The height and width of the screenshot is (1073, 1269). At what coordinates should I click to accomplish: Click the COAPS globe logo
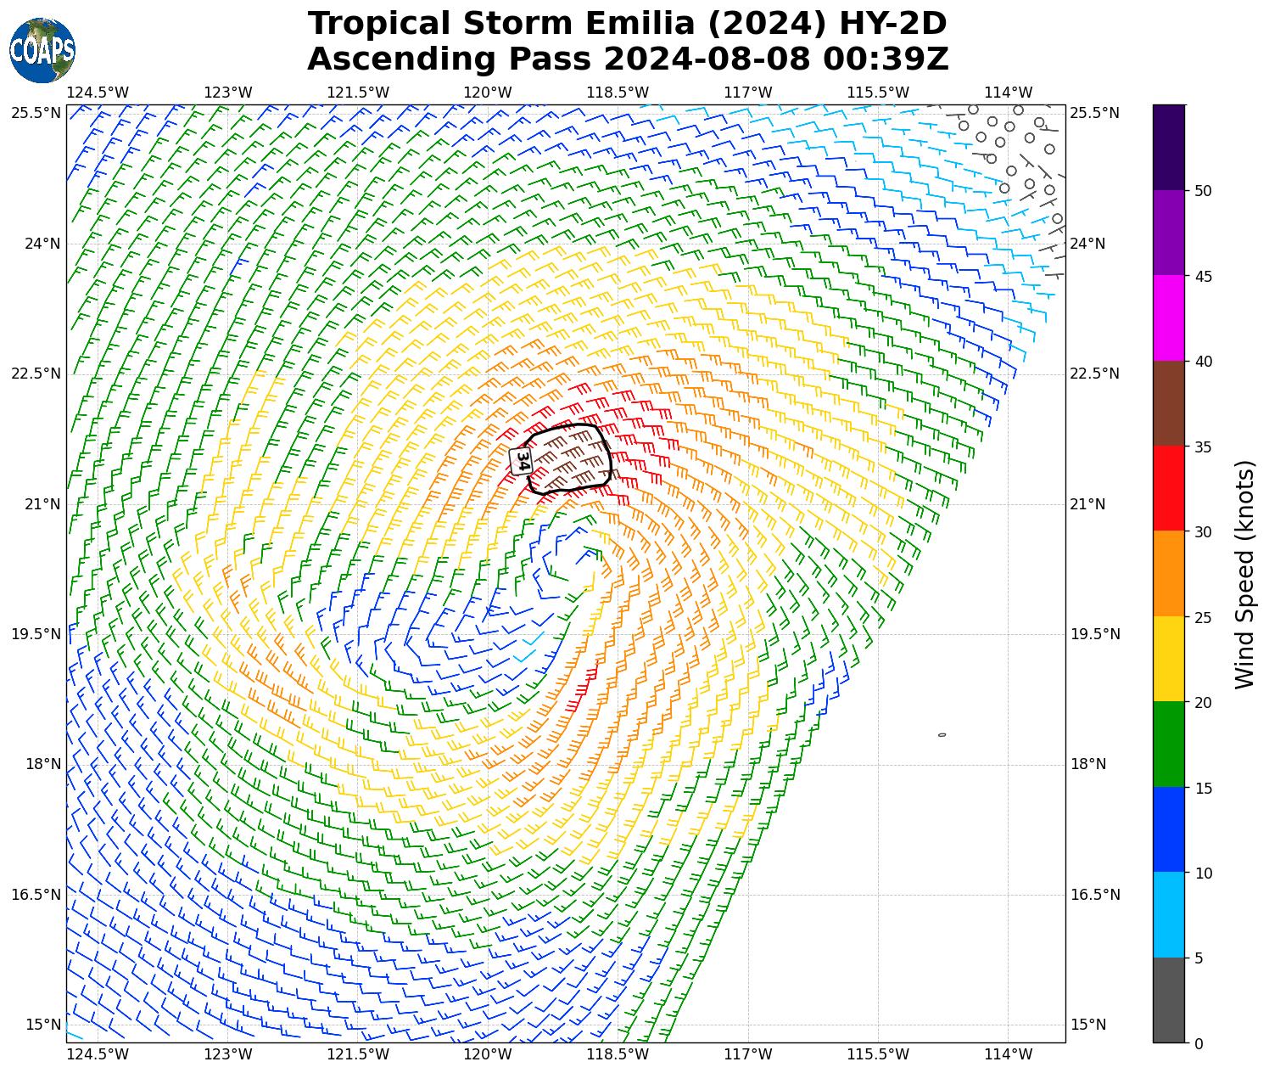[x=42, y=51]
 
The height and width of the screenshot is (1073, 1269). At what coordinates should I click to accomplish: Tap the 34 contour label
[x=522, y=461]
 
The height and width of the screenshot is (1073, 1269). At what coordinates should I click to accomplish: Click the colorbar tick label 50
[x=1202, y=191]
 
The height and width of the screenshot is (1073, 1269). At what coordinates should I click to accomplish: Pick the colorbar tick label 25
[x=1202, y=617]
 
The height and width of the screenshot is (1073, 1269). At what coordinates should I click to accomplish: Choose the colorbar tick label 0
[x=1198, y=1043]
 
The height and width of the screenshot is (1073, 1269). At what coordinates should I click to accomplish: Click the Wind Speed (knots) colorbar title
[x=1244, y=574]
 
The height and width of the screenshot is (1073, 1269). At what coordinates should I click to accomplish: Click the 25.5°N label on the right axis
[x=1094, y=113]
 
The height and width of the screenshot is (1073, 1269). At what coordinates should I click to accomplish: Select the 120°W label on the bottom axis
[x=488, y=1054]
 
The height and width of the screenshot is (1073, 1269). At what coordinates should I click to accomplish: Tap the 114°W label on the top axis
[x=1008, y=93]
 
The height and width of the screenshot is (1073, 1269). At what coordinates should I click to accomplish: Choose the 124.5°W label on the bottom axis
[x=98, y=1054]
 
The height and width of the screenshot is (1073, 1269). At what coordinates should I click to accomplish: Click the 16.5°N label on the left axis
[x=36, y=895]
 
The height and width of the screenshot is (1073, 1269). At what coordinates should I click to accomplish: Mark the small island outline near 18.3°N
[x=942, y=735]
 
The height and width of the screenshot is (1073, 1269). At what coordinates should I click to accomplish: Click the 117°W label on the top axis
[x=748, y=93]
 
